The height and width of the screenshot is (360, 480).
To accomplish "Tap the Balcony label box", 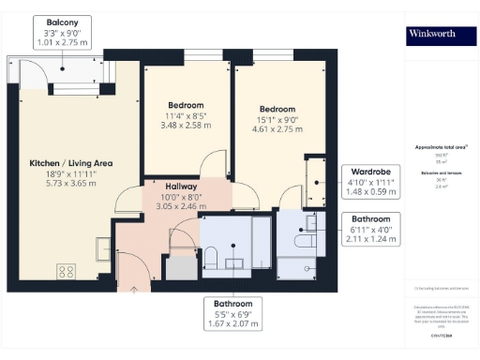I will click(x=63, y=31).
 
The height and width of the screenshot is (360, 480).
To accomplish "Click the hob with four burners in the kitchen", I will click(x=67, y=272).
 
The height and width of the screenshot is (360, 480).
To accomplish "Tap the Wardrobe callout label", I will click(x=371, y=182).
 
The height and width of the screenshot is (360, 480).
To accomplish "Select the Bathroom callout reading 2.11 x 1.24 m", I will click(x=371, y=230).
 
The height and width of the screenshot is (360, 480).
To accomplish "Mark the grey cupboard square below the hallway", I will click(x=179, y=266).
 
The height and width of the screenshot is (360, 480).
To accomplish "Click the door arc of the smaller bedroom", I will click(x=217, y=164).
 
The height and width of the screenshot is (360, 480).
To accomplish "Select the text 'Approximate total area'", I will click(x=441, y=148).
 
